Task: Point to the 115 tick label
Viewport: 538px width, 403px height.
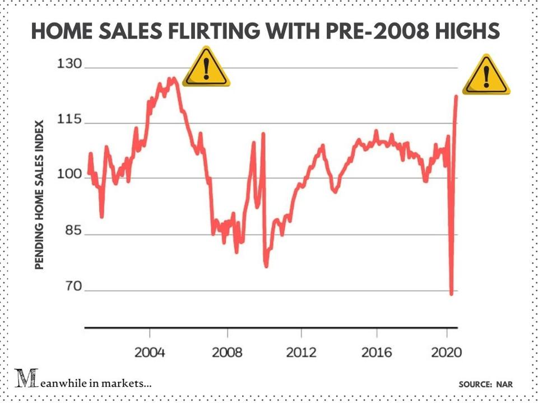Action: point(69,120)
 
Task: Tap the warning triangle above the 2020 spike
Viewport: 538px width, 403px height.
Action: point(486,75)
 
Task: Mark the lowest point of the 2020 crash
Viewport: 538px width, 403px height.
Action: point(452,293)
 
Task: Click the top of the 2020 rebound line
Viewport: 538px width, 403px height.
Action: point(457,96)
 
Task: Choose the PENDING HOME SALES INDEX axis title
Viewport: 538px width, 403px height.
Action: point(39,195)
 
